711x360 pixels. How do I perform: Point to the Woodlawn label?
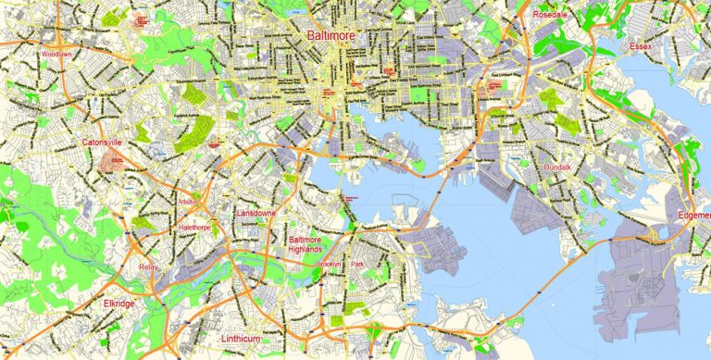point(56,54)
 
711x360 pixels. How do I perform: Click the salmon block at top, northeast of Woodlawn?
point(142,21)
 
